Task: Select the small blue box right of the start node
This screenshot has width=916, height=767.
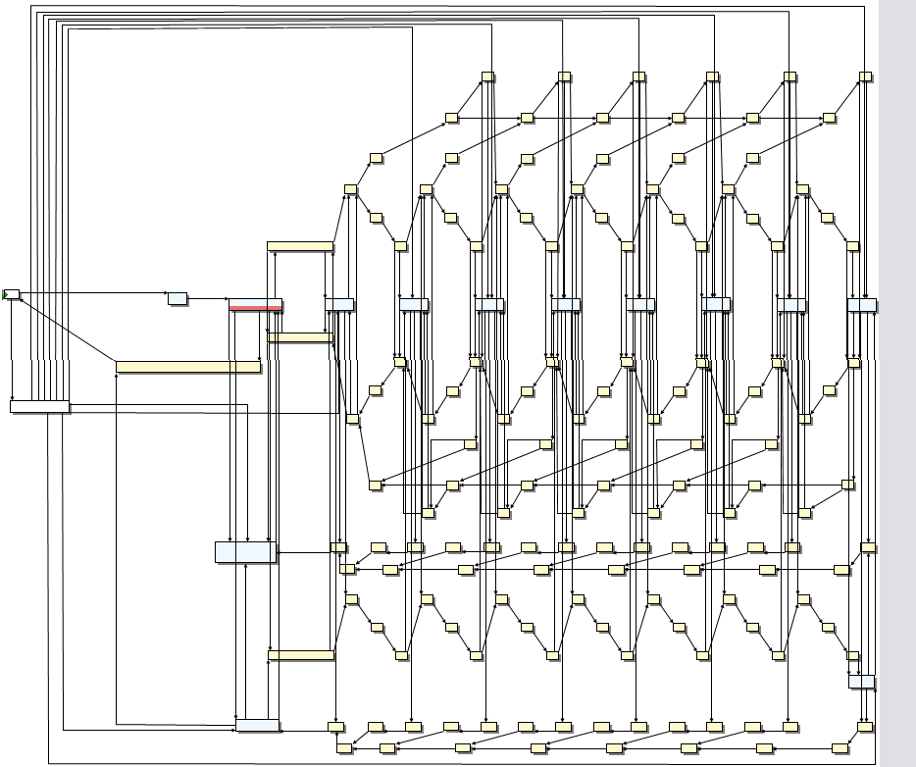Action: click(177, 298)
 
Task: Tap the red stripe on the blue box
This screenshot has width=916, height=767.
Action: click(255, 308)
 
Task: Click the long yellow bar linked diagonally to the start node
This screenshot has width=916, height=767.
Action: click(188, 367)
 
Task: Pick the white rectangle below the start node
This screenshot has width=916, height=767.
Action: click(39, 406)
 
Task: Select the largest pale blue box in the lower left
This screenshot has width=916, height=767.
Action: click(246, 552)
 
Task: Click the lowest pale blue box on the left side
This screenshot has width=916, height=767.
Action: click(258, 726)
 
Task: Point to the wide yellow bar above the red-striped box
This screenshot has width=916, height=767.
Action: click(300, 247)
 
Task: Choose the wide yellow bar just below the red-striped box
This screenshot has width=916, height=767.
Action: click(301, 337)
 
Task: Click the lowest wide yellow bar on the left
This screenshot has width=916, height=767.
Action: click(301, 655)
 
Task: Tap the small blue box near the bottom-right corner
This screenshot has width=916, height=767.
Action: click(862, 682)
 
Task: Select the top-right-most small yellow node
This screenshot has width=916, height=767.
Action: click(865, 77)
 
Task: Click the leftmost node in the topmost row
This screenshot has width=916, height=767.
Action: click(487, 77)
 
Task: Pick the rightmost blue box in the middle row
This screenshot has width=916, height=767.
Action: click(862, 305)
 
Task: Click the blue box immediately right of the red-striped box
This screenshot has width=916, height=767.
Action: click(339, 305)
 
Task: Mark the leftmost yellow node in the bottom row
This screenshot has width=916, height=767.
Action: click(344, 748)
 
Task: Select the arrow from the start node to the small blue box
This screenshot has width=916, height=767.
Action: click(93, 292)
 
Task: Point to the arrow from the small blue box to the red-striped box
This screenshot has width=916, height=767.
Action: click(208, 298)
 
